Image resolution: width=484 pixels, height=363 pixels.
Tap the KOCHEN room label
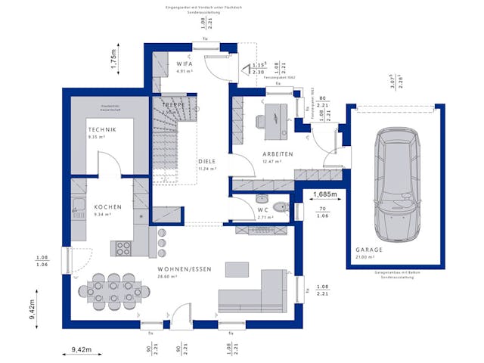pos(108,206)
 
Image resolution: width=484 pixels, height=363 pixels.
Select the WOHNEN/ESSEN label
pos(185,269)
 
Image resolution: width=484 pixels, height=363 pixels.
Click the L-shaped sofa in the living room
pos(256,293)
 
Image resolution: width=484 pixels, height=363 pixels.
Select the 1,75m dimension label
pos(113,59)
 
